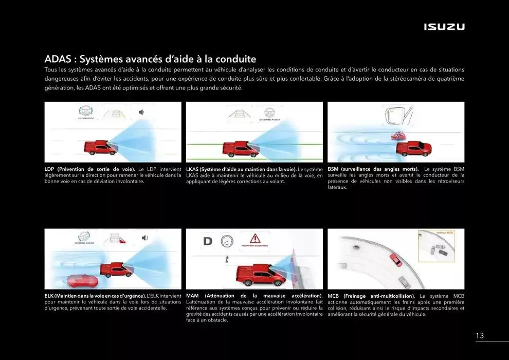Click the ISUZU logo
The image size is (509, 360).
(x=444, y=27)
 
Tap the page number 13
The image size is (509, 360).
(x=479, y=336)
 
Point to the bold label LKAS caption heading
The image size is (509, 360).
(x=241, y=169)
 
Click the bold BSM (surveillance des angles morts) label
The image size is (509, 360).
(x=373, y=169)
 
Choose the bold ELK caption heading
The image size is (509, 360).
(x=95, y=296)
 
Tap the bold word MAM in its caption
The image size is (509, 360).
(x=192, y=296)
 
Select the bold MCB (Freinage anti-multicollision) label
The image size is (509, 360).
(x=371, y=296)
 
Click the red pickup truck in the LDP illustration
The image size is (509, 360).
(x=100, y=148)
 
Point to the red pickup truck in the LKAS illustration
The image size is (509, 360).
(x=240, y=149)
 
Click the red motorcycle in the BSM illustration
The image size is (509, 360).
(x=397, y=136)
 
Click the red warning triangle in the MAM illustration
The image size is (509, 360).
(x=255, y=239)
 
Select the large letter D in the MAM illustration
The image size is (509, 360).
(x=208, y=241)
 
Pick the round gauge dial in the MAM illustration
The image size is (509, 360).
(x=227, y=241)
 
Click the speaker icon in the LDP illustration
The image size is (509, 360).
(x=142, y=112)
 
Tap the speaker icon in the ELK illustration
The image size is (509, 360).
(x=144, y=237)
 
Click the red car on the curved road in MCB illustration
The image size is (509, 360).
(x=395, y=259)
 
